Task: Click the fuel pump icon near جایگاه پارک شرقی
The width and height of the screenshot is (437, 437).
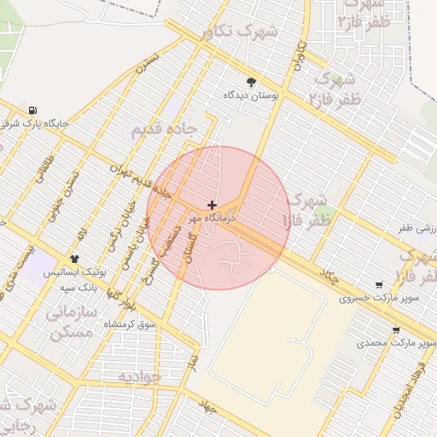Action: [32, 109]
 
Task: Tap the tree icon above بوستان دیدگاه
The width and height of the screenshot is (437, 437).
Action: [251, 83]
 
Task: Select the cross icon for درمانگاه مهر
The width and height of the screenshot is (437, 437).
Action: [212, 205]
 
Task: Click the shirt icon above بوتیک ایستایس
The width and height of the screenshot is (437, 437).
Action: [74, 258]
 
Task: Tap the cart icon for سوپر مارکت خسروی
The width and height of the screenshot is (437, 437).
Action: [379, 285]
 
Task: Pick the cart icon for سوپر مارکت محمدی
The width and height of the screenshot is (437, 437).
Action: [395, 329]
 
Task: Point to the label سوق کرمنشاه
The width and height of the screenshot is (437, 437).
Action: [130, 324]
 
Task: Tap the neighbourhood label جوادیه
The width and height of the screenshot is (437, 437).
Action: [138, 376]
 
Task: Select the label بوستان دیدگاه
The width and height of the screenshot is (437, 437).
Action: [252, 96]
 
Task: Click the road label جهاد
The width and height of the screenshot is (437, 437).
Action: [207, 407]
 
